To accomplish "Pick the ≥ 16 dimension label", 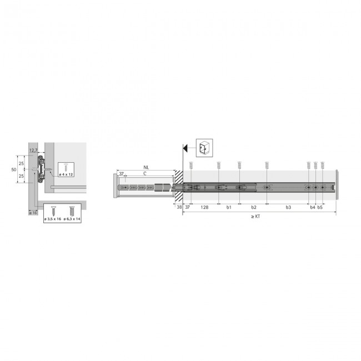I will (32, 213).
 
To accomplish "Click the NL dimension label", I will (146, 167).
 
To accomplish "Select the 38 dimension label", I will (179, 207).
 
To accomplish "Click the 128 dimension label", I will (204, 207).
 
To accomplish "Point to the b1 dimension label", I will (228, 207).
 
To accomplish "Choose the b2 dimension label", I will (253, 207).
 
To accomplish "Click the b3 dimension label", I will (288, 207).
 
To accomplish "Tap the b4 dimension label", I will (312, 207).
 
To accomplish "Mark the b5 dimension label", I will (320, 207).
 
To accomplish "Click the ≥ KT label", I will (255, 217).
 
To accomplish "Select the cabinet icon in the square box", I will (203, 148).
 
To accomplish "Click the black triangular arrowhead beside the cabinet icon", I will (187, 148).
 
